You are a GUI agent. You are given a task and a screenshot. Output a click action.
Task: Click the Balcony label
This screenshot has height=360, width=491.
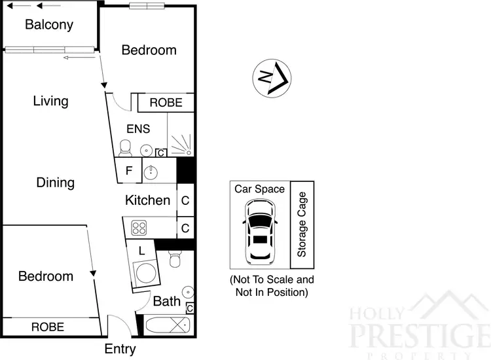click(48, 26)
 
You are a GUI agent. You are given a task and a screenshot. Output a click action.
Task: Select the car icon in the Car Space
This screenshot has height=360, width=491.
click(259, 230)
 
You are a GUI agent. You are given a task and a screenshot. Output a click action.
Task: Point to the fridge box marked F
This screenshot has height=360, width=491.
click(128, 171)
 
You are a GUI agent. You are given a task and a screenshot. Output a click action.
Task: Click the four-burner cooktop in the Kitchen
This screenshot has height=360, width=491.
click(139, 228)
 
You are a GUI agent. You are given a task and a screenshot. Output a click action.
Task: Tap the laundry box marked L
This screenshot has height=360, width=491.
click(142, 249)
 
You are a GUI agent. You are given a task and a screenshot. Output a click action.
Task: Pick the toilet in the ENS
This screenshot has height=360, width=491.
click(126, 148)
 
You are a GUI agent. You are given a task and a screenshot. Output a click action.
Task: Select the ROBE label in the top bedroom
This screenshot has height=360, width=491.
click(166, 103)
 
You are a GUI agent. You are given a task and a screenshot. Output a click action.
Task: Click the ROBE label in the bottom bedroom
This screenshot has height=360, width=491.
click(48, 327)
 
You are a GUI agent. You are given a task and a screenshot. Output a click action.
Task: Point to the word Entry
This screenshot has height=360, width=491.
click(120, 349)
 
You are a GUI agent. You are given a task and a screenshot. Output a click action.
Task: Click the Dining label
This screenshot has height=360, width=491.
click(55, 183)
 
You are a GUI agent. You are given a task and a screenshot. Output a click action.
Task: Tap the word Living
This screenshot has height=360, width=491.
click(50, 101)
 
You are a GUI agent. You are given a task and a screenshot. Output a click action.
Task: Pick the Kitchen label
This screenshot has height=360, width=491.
click(148, 200)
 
